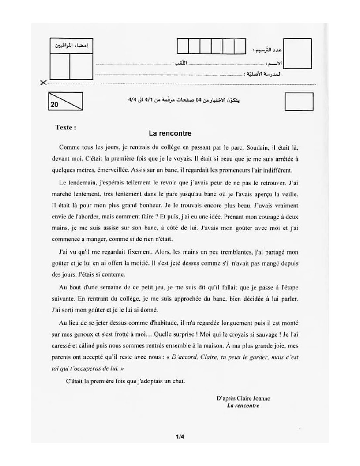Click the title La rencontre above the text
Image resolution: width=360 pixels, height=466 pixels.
click(170, 133)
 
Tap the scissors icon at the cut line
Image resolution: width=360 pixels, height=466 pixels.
click(42, 82)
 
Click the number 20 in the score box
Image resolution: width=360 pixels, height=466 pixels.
click(55, 105)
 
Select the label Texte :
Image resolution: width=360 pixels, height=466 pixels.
click(66, 127)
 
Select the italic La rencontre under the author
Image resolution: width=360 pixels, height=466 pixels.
click(243, 405)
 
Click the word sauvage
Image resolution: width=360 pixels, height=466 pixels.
click(261, 334)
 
